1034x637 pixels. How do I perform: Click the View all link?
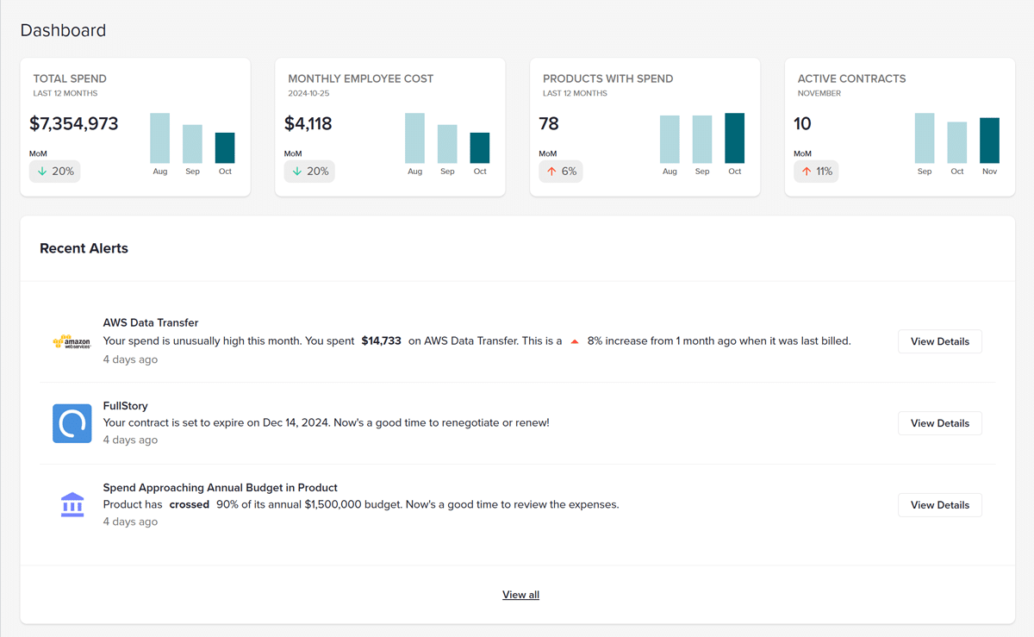pos(520,595)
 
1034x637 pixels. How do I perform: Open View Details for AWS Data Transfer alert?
pos(939,341)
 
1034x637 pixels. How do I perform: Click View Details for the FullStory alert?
pos(939,423)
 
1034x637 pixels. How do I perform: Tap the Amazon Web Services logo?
pos(72,342)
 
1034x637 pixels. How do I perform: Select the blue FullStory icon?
pos(72,423)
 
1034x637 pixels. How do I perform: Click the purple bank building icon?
pos(72,504)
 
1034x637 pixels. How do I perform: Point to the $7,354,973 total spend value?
pos(74,123)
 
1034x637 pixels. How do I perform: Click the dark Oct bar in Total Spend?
pos(225,148)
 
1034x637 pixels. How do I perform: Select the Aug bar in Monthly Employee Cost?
pos(414,138)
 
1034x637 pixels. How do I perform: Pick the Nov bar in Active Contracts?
pos(989,141)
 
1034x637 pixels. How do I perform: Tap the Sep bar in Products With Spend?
pos(702,140)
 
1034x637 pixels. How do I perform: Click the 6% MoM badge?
pos(561,172)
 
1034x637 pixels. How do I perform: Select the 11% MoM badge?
pos(816,172)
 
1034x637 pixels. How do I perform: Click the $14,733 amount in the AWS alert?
pos(381,341)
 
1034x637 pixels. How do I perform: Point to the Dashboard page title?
pos(63,30)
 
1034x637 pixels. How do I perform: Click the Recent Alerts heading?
pos(84,248)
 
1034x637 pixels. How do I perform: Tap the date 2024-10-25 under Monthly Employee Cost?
pos(308,93)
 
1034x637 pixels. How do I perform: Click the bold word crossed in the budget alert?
pos(189,504)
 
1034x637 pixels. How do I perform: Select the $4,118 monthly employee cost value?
pos(308,123)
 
